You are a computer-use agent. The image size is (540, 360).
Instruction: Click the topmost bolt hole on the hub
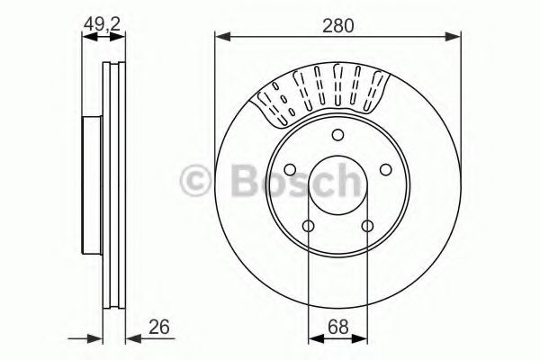tap(337, 135)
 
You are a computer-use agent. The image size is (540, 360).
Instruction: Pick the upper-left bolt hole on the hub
tap(290, 170)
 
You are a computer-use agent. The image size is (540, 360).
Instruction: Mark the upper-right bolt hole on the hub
tap(385, 170)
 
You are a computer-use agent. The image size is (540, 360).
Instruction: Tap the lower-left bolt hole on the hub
tap(308, 226)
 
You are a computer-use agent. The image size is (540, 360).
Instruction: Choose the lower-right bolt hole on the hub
tap(367, 226)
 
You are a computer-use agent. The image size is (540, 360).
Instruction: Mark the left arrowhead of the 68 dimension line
tap(312, 338)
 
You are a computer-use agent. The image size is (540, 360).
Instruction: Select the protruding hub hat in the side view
tap(90, 185)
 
